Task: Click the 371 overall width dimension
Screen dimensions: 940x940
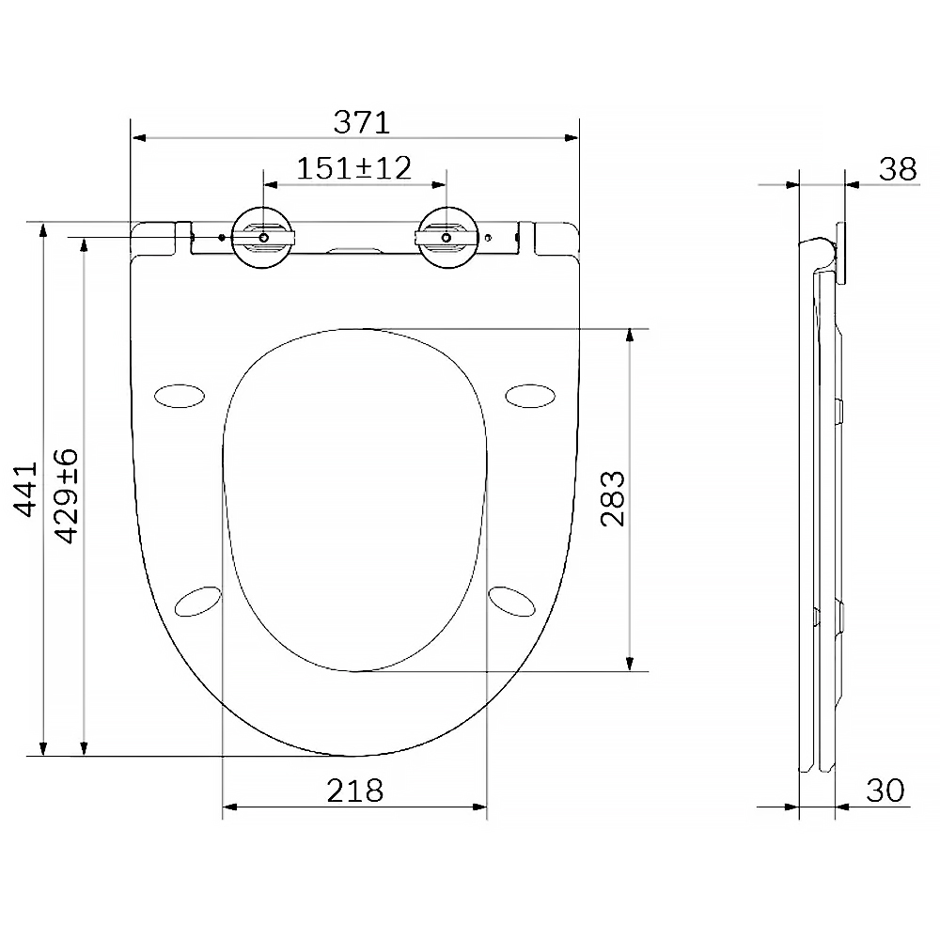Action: (x=362, y=122)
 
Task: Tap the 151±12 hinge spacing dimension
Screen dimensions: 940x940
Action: (x=354, y=168)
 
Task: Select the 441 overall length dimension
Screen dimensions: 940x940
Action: (x=26, y=489)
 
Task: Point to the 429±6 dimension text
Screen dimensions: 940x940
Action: (x=67, y=495)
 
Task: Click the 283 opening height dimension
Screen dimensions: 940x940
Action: (x=613, y=499)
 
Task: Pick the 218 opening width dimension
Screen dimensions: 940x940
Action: (x=355, y=791)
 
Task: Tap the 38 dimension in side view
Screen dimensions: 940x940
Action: (x=898, y=169)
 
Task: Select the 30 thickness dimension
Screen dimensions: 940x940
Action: (x=885, y=791)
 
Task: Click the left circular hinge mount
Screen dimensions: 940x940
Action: (x=262, y=238)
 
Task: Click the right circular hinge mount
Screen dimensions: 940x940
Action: (x=447, y=238)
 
